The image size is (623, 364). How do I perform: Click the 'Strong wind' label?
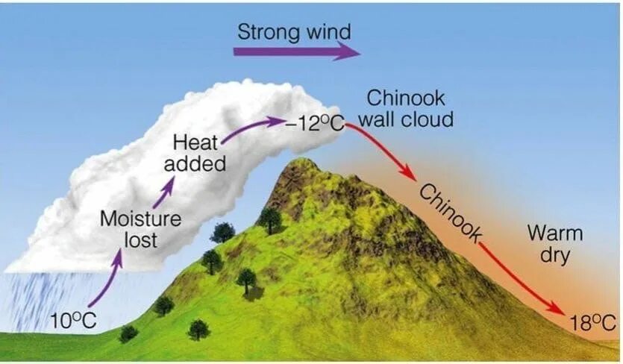coord(293,32)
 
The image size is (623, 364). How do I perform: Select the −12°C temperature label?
coord(314,123)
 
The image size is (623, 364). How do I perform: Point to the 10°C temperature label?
coord(74,321)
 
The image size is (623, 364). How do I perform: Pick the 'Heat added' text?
coord(198,152)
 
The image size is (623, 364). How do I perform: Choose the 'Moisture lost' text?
coord(140,229)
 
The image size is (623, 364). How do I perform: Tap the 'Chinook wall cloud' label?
coord(410,108)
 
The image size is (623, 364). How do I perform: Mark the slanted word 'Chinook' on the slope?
coord(449,211)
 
